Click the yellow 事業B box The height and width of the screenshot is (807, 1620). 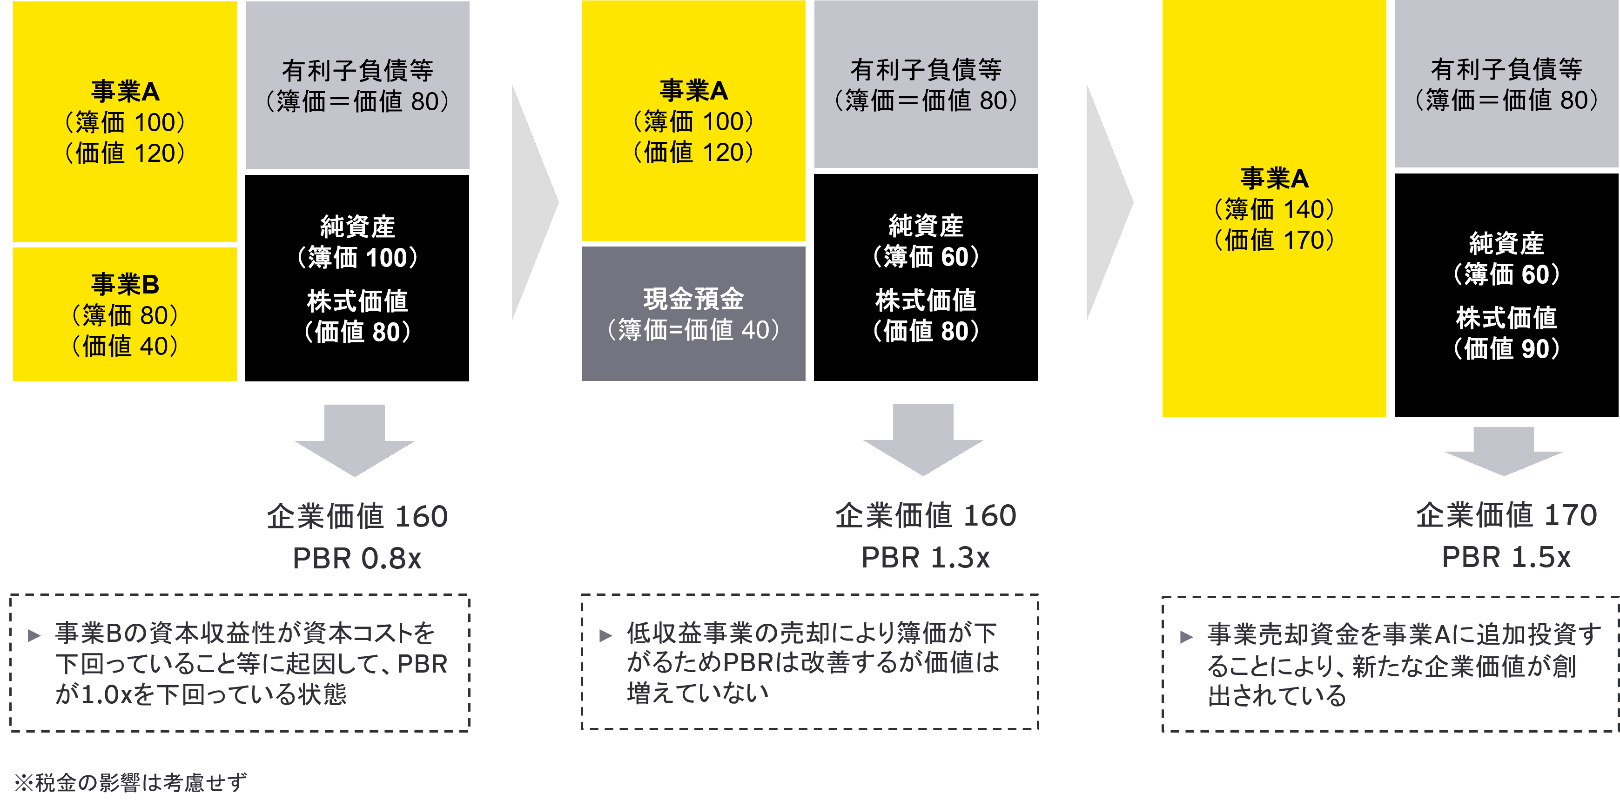point(125,314)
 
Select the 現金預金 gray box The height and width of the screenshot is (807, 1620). point(693,313)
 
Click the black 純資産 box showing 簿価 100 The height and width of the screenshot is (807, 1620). point(356,278)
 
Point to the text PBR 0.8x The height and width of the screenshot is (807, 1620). point(356,558)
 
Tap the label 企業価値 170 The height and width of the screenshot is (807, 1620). point(1506,515)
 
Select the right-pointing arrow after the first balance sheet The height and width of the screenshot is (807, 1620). point(533,202)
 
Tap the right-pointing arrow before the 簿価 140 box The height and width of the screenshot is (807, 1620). point(1108,202)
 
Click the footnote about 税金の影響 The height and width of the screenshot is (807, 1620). point(130,782)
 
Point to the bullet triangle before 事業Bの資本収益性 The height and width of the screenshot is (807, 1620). point(34,636)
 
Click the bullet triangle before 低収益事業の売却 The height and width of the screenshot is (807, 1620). point(605,635)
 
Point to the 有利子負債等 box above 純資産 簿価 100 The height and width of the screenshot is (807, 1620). point(356,85)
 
